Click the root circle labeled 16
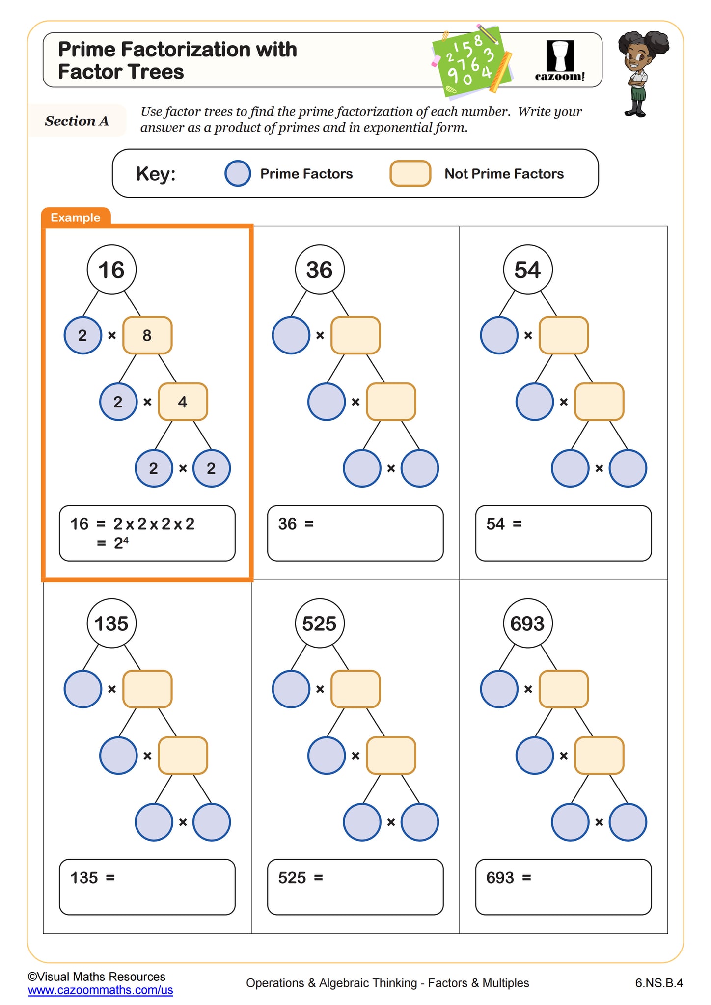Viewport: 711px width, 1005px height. (x=111, y=270)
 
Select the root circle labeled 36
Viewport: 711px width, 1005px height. (x=320, y=270)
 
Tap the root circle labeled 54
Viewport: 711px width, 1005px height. (x=528, y=270)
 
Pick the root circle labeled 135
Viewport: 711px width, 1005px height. (x=111, y=624)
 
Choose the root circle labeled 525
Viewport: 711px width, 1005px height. (x=320, y=624)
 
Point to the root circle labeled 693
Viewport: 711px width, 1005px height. (x=528, y=624)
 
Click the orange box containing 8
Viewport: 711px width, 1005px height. (x=147, y=335)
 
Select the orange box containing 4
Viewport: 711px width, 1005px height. (x=183, y=402)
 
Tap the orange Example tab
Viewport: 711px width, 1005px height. (x=76, y=217)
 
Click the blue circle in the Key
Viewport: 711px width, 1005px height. (x=238, y=174)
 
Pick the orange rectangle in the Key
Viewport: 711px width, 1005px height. (x=410, y=174)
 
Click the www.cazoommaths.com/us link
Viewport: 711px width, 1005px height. (x=101, y=990)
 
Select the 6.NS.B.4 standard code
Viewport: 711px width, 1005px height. (x=658, y=983)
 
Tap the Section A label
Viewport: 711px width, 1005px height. (x=77, y=121)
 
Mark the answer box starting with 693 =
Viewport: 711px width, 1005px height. (x=563, y=887)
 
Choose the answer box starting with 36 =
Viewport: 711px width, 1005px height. (x=355, y=533)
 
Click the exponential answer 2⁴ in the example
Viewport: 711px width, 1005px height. (x=121, y=543)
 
